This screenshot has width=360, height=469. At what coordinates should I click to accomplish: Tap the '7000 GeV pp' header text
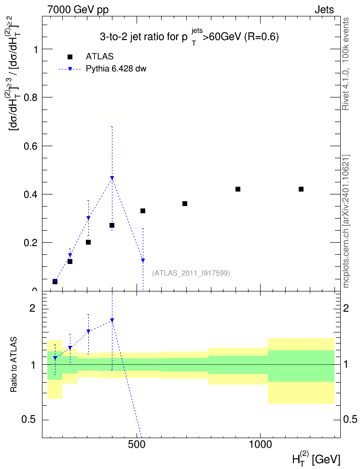tap(78, 10)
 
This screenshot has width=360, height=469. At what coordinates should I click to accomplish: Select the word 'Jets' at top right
tap(324, 10)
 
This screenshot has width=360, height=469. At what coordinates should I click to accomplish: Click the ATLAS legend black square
tap(70, 56)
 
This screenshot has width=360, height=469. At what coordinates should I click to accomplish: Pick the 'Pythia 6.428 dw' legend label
tap(116, 69)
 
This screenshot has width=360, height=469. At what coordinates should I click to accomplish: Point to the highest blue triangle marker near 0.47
tap(112, 178)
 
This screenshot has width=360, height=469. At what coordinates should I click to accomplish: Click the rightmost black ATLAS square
tap(301, 189)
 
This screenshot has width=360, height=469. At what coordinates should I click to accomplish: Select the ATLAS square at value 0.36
tap(185, 204)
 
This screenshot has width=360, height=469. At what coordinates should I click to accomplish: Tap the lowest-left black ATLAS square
tap(55, 282)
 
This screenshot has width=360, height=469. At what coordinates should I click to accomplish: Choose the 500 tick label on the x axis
tap(137, 444)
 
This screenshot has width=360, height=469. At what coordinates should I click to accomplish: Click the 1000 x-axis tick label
tap(261, 444)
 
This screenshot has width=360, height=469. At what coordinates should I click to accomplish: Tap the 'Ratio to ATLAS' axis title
tap(14, 365)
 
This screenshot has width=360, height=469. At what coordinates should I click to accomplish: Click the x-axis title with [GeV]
tap(316, 458)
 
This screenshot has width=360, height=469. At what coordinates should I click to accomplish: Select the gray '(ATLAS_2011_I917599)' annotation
tap(191, 273)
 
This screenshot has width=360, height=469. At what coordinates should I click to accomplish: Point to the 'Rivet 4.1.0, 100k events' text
tap(346, 64)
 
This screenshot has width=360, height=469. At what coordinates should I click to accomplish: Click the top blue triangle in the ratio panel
tap(112, 320)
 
